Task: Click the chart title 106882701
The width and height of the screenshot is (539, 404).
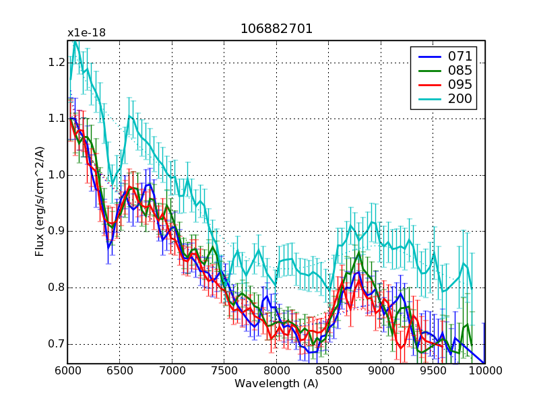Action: pos(276,30)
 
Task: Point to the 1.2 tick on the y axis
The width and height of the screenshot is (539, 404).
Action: pos(56,63)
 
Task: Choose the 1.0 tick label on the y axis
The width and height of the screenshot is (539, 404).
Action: pos(56,175)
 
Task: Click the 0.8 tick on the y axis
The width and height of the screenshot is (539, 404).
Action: pos(56,288)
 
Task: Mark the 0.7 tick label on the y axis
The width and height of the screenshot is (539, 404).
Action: pos(56,344)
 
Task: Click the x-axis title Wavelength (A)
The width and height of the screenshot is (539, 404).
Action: pos(276,384)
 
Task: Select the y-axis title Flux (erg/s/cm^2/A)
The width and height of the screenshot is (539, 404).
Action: pos(40,203)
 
